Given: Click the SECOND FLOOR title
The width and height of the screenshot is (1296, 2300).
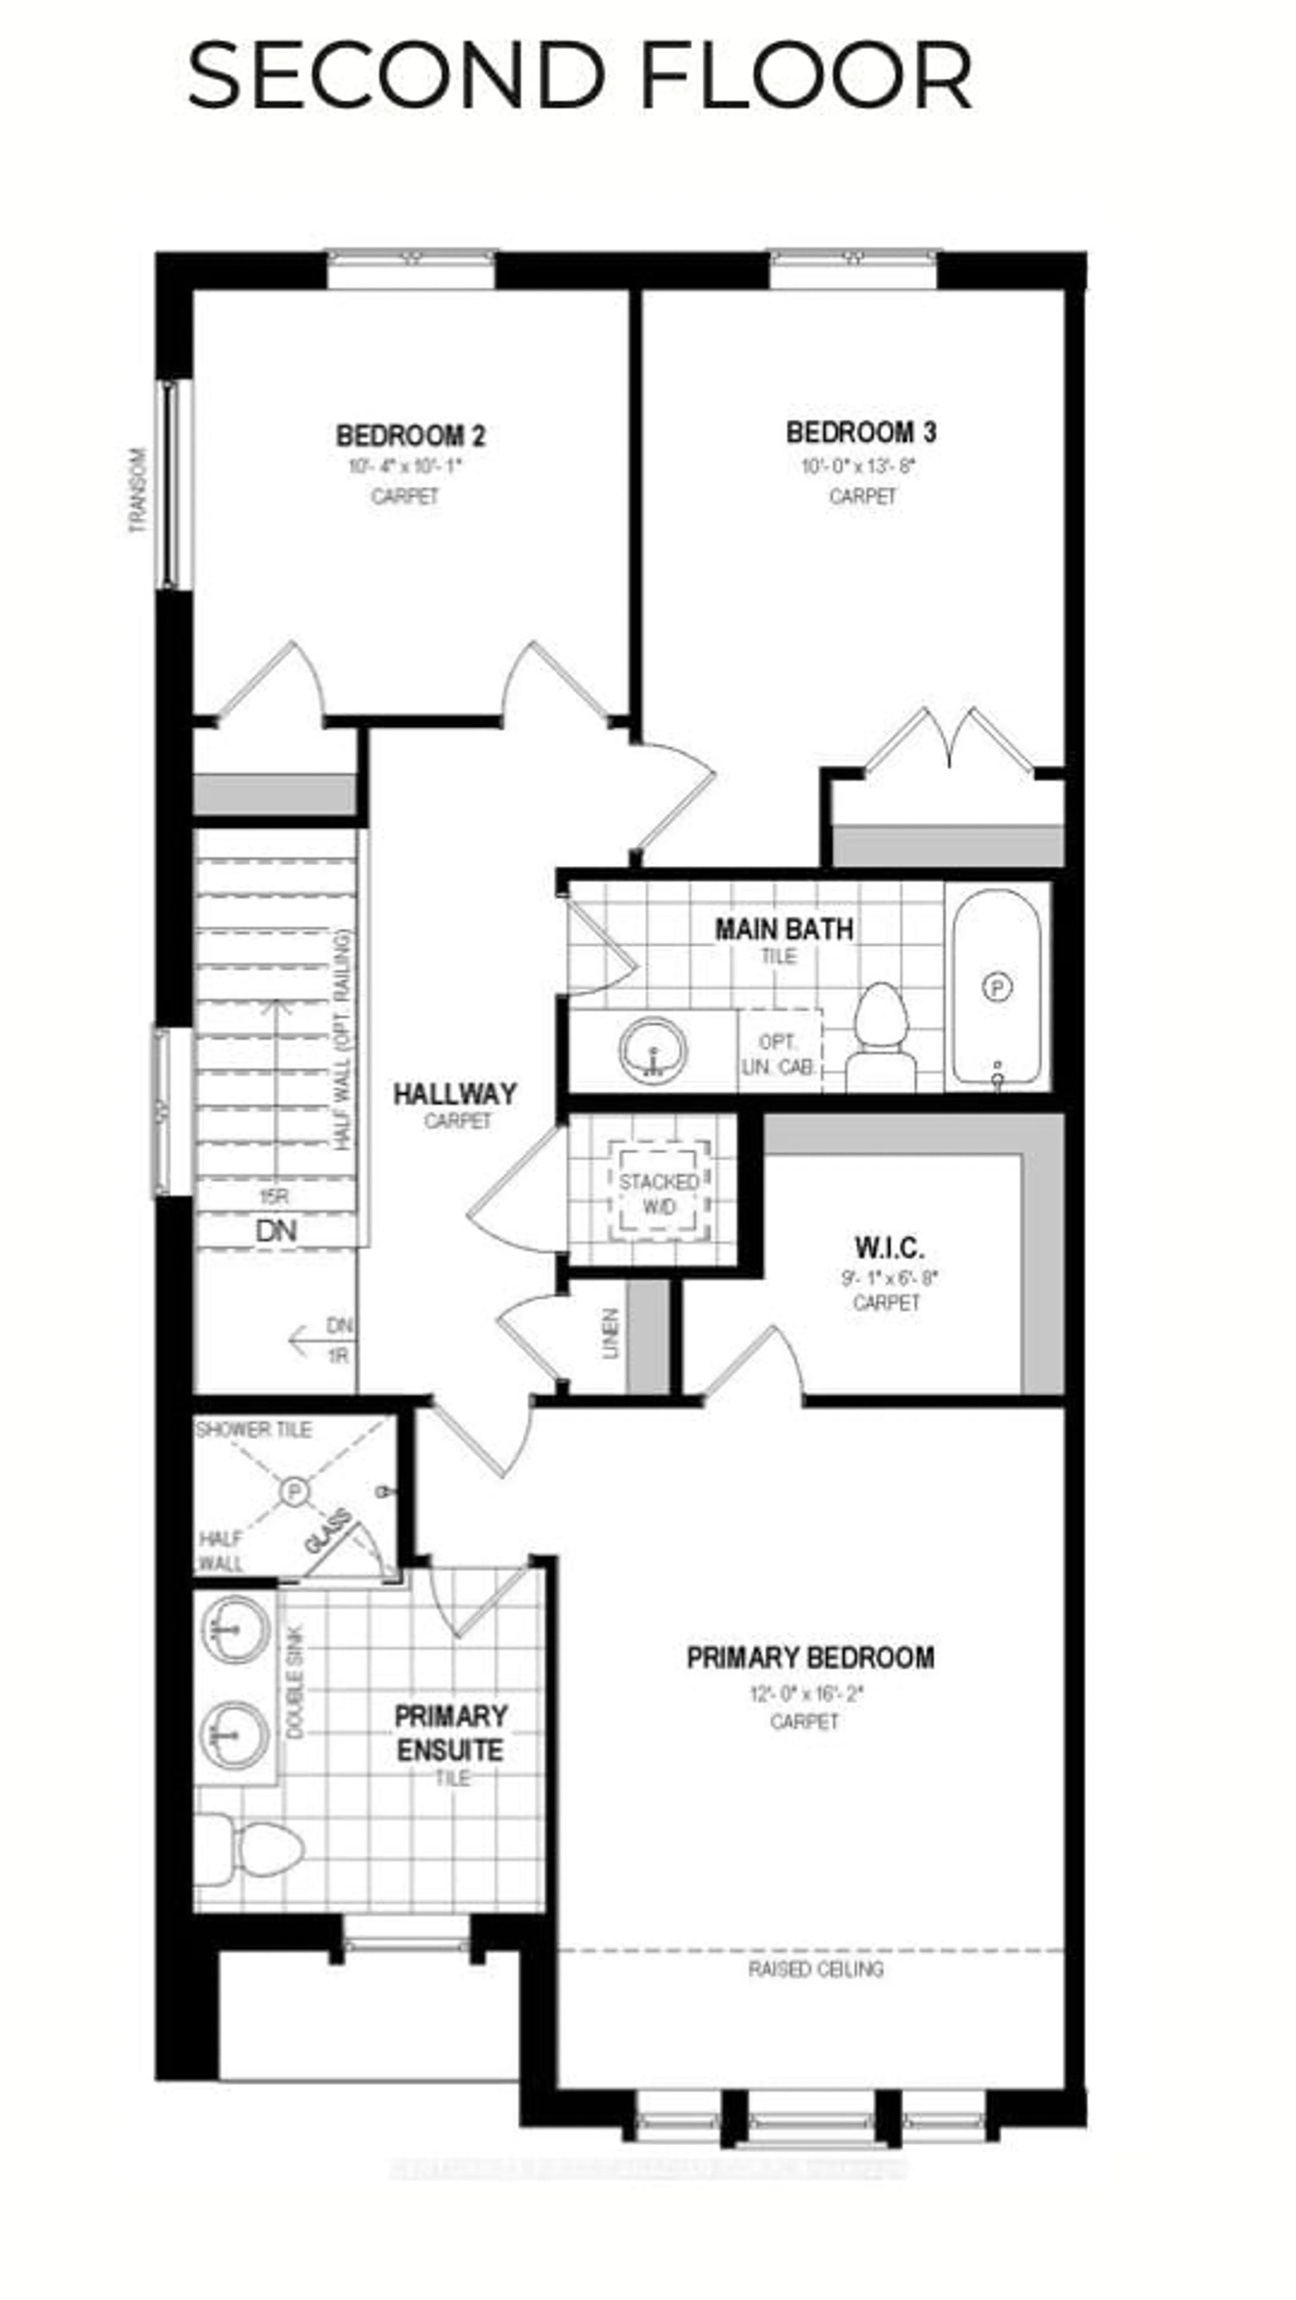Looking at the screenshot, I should (x=580, y=77).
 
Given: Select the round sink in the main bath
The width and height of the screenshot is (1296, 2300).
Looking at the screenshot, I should (x=653, y=1051).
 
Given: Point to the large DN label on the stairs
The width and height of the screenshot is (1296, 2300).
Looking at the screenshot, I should (x=276, y=1231).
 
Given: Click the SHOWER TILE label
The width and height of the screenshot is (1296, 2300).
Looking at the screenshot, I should (x=253, y=1430).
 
